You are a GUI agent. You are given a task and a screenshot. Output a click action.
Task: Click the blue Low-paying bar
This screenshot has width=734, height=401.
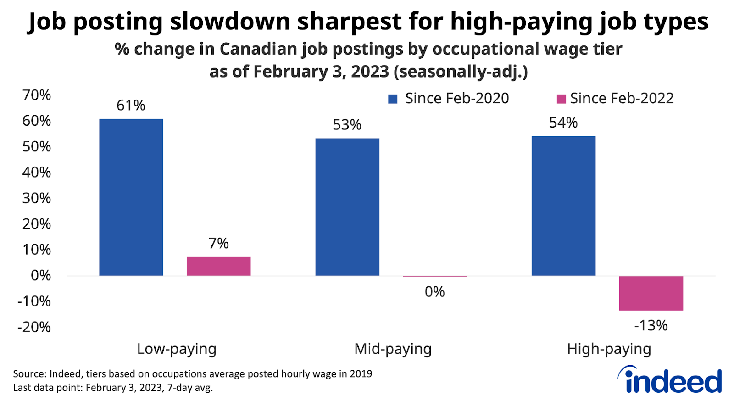[x=131, y=197]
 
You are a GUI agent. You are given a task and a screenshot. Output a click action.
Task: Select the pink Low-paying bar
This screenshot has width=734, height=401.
[x=218, y=266]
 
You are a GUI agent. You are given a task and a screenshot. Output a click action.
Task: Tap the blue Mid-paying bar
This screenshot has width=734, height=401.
[x=347, y=207]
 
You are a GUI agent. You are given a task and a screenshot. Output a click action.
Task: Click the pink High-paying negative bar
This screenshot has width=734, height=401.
[x=651, y=293]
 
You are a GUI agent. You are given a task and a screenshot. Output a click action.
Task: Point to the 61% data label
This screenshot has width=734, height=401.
[x=131, y=106]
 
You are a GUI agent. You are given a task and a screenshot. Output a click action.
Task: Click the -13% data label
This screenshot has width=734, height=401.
[x=651, y=326]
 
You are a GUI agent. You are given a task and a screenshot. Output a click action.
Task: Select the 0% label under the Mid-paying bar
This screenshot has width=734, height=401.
[x=434, y=292]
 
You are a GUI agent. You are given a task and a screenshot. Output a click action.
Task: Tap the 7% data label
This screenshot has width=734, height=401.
[x=218, y=243]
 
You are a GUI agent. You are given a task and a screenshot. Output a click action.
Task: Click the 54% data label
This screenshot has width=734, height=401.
[x=563, y=123]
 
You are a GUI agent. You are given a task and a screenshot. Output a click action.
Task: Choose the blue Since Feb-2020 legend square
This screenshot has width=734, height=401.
[x=393, y=99]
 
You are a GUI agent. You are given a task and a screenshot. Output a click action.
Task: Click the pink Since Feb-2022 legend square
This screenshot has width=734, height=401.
[x=561, y=99]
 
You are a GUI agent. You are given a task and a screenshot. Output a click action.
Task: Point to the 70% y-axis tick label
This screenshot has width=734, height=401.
[x=37, y=95]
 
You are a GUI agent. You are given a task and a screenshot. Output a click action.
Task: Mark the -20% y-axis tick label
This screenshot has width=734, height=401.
[x=34, y=327]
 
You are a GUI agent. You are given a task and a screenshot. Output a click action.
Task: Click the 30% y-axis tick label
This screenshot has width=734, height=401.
[x=37, y=198]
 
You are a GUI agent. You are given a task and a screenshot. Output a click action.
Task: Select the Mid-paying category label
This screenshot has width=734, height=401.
[x=393, y=349]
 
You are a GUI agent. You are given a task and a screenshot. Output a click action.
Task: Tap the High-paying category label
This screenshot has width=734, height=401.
[x=609, y=349]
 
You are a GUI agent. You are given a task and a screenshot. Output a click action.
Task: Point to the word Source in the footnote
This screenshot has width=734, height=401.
[x=29, y=374]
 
